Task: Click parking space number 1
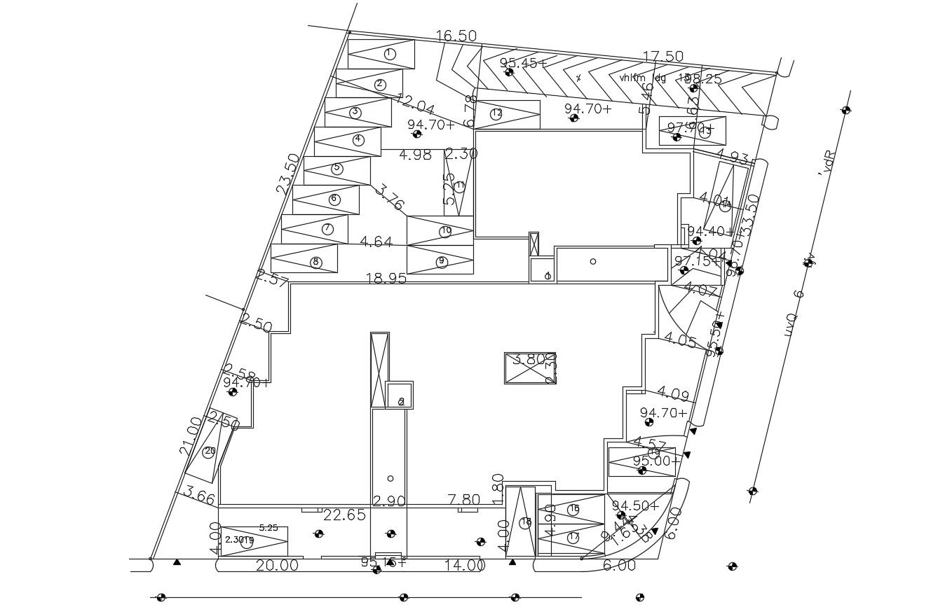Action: click(390, 54)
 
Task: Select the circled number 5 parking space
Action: click(337, 168)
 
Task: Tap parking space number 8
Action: click(315, 262)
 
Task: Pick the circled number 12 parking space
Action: click(496, 113)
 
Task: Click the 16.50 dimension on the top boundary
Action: click(456, 36)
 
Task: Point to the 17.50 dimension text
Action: click(663, 57)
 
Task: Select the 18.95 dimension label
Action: click(386, 278)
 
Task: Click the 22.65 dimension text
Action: click(344, 515)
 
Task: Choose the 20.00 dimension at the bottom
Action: click(277, 566)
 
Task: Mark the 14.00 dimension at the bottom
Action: click(465, 566)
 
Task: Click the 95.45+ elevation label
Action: click(523, 63)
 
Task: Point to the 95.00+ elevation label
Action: click(656, 461)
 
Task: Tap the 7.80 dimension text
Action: click(464, 500)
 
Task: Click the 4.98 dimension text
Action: click(415, 155)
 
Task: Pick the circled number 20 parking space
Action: click(209, 452)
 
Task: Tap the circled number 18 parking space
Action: click(525, 522)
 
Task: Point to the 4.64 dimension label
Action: click(376, 242)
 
